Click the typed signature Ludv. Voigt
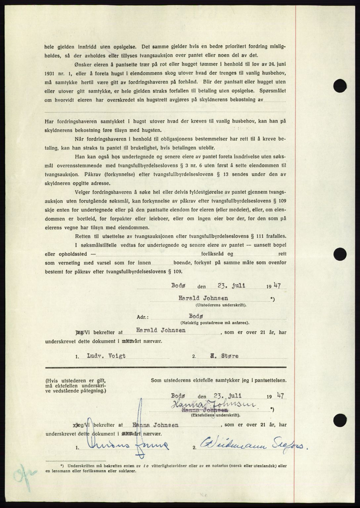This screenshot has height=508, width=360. pos(106,356)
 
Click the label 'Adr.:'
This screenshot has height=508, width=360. pos(143,317)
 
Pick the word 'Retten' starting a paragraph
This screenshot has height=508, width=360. pos(83,236)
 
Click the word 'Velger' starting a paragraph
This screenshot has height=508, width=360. pos(83,192)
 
